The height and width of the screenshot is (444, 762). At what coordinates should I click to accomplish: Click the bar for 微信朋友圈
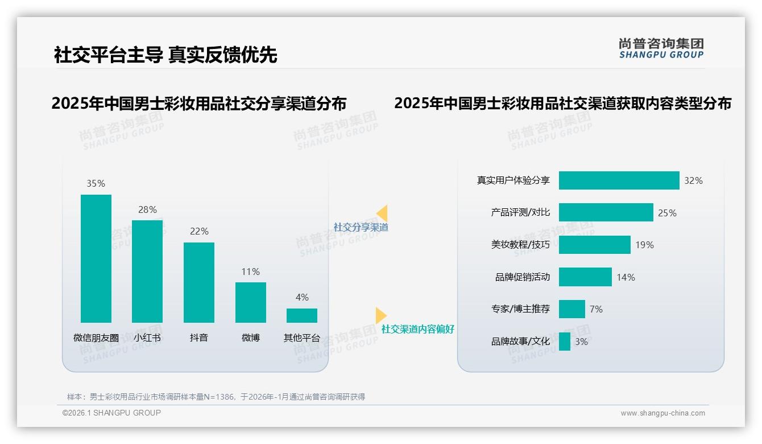(96, 258)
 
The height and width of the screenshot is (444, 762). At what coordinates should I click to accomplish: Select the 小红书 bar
(147, 271)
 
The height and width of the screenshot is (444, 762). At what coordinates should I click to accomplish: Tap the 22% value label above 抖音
(199, 231)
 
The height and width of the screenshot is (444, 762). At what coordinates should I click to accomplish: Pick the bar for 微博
(251, 302)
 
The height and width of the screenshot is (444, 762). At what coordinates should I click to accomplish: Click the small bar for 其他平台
(302, 315)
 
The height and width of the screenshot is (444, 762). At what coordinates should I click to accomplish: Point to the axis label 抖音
(199, 338)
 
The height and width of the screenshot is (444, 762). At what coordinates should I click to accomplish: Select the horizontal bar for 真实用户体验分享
(619, 180)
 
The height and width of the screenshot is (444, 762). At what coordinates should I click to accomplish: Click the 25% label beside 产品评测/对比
(667, 213)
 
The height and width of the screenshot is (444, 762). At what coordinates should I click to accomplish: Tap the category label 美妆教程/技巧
(520, 245)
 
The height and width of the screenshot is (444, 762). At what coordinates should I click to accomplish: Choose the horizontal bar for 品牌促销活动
(585, 277)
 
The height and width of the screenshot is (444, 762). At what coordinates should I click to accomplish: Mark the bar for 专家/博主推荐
(571, 309)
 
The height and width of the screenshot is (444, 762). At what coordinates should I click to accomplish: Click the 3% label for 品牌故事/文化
(581, 342)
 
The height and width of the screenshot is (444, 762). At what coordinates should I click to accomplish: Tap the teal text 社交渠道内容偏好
(417, 329)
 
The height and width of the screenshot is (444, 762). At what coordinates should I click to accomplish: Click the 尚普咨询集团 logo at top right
(661, 48)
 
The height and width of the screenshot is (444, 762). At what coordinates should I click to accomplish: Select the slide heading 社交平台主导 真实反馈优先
(165, 55)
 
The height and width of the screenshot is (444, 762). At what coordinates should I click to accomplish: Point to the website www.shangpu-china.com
(662, 413)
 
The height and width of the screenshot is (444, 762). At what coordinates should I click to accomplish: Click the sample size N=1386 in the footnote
(218, 397)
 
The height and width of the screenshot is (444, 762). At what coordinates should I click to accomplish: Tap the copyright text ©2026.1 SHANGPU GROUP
(111, 413)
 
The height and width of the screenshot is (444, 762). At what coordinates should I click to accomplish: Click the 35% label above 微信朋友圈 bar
(96, 183)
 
